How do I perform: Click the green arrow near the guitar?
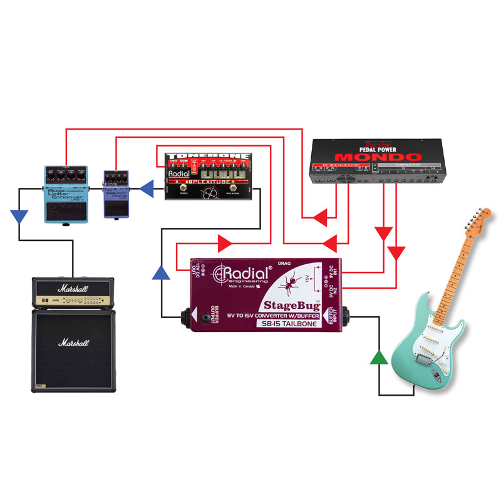(x=378, y=358)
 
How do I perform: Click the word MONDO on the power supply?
(x=376, y=157)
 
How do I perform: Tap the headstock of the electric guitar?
(x=482, y=222)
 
